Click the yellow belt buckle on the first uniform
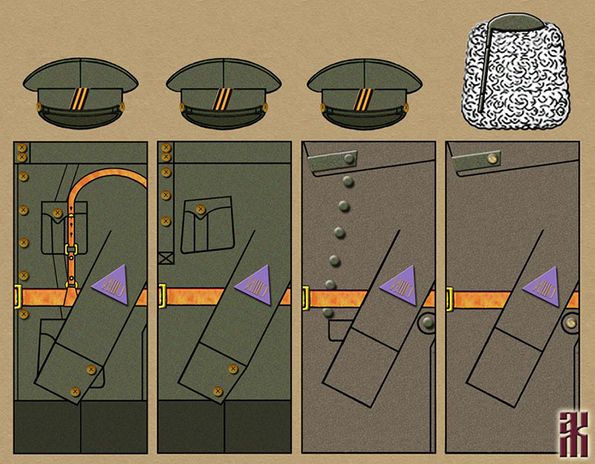pos(17,297)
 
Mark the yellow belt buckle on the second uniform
pos(161,297)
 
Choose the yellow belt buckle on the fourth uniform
pos(449,298)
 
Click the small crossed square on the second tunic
pos(166,257)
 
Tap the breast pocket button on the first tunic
pos(58,210)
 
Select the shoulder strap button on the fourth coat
pos(490,160)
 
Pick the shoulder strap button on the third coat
pos(346,160)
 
